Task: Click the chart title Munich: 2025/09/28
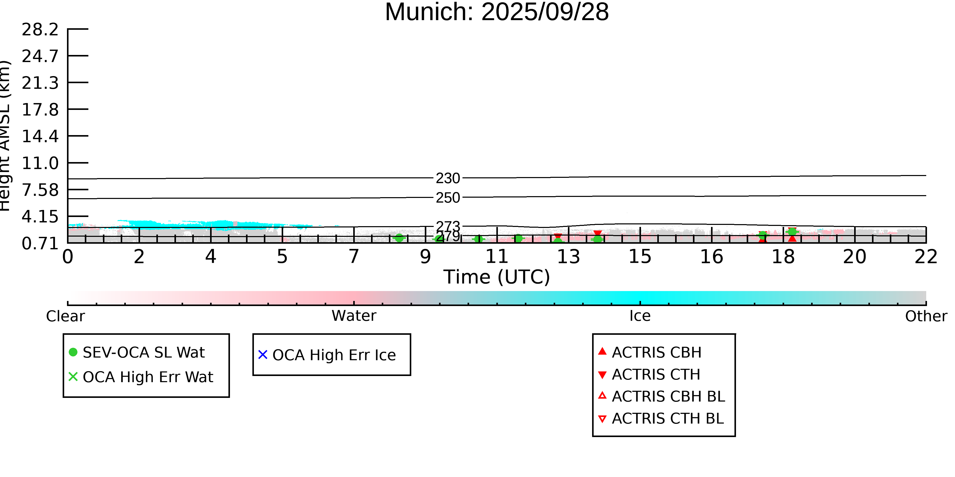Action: click(x=497, y=12)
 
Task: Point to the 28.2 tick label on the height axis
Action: click(x=40, y=30)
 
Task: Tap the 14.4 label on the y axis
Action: click(x=40, y=136)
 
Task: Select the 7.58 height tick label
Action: click(x=40, y=190)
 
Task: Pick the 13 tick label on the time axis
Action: click(x=568, y=257)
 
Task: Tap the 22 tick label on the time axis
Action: click(x=926, y=257)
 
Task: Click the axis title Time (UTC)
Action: click(x=497, y=277)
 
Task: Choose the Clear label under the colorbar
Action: click(x=65, y=316)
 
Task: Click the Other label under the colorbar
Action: click(x=926, y=316)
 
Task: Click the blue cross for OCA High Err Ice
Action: click(x=263, y=355)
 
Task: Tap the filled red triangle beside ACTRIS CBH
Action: click(x=603, y=351)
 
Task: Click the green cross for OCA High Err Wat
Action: click(x=73, y=377)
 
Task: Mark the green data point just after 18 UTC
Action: click(x=792, y=232)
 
